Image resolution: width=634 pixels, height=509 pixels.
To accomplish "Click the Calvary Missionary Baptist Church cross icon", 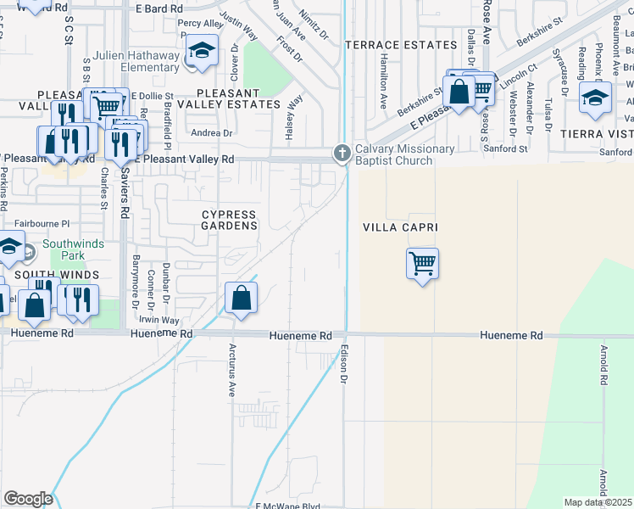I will [342, 153].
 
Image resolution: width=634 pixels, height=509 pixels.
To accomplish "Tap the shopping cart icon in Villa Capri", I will [422, 263].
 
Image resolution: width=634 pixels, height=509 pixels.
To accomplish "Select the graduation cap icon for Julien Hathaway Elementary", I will [202, 51].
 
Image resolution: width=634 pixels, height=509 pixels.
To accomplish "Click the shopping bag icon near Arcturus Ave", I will [242, 298].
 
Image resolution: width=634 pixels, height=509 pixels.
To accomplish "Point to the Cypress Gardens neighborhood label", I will [230, 221].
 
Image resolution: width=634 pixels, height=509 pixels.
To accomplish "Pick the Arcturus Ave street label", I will [231, 371].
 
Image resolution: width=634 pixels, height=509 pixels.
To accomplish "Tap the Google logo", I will [28, 498].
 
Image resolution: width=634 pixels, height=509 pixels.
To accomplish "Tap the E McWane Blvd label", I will [287, 506].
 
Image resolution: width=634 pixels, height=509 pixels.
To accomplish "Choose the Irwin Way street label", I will [161, 321].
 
